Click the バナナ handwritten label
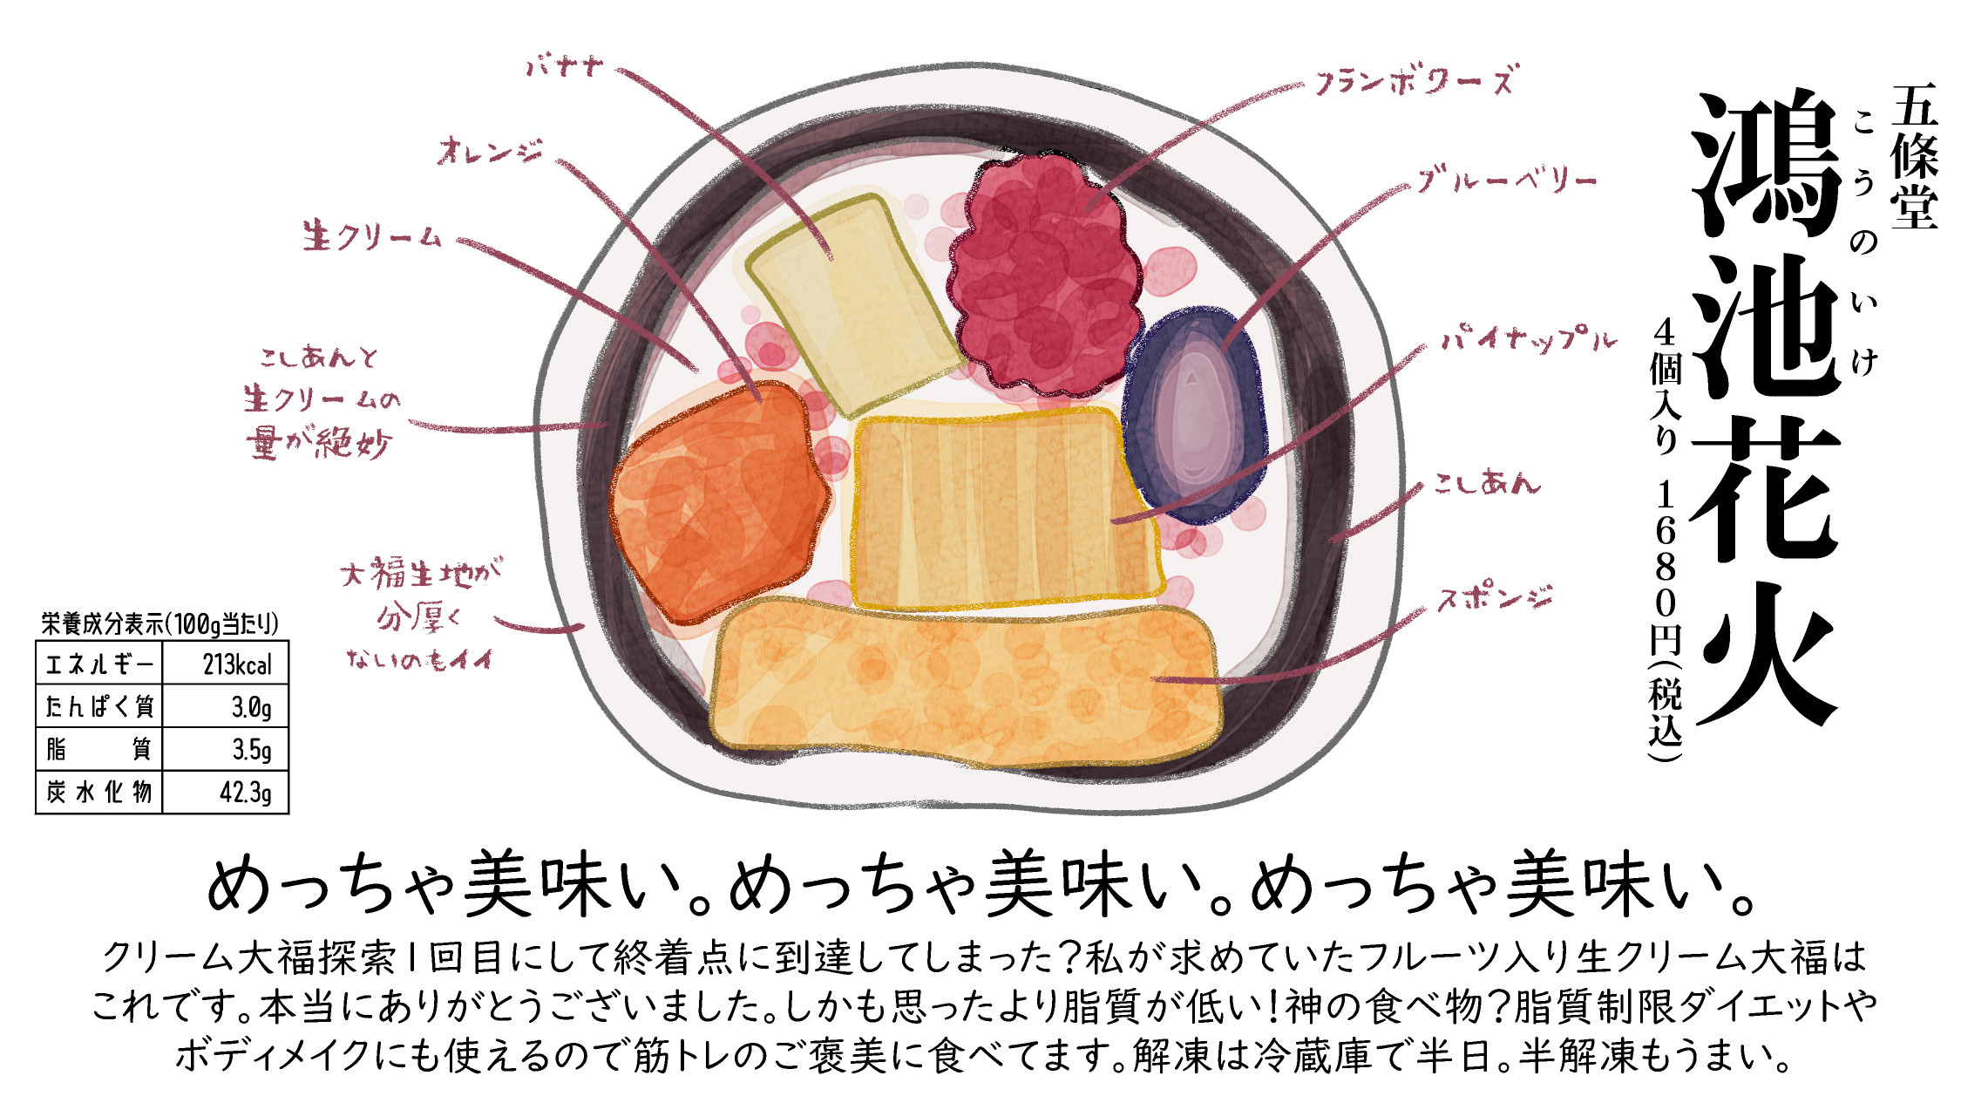click(x=565, y=65)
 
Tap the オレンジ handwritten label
click(x=490, y=152)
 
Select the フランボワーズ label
click(x=1414, y=80)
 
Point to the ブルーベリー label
click(x=1506, y=180)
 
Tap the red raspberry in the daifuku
click(x=1042, y=275)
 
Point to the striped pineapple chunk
click(x=1002, y=510)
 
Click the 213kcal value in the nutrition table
click(x=237, y=664)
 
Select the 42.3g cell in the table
click(x=245, y=792)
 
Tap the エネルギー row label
click(x=98, y=664)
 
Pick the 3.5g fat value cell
click(x=251, y=749)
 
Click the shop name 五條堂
click(x=1913, y=157)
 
